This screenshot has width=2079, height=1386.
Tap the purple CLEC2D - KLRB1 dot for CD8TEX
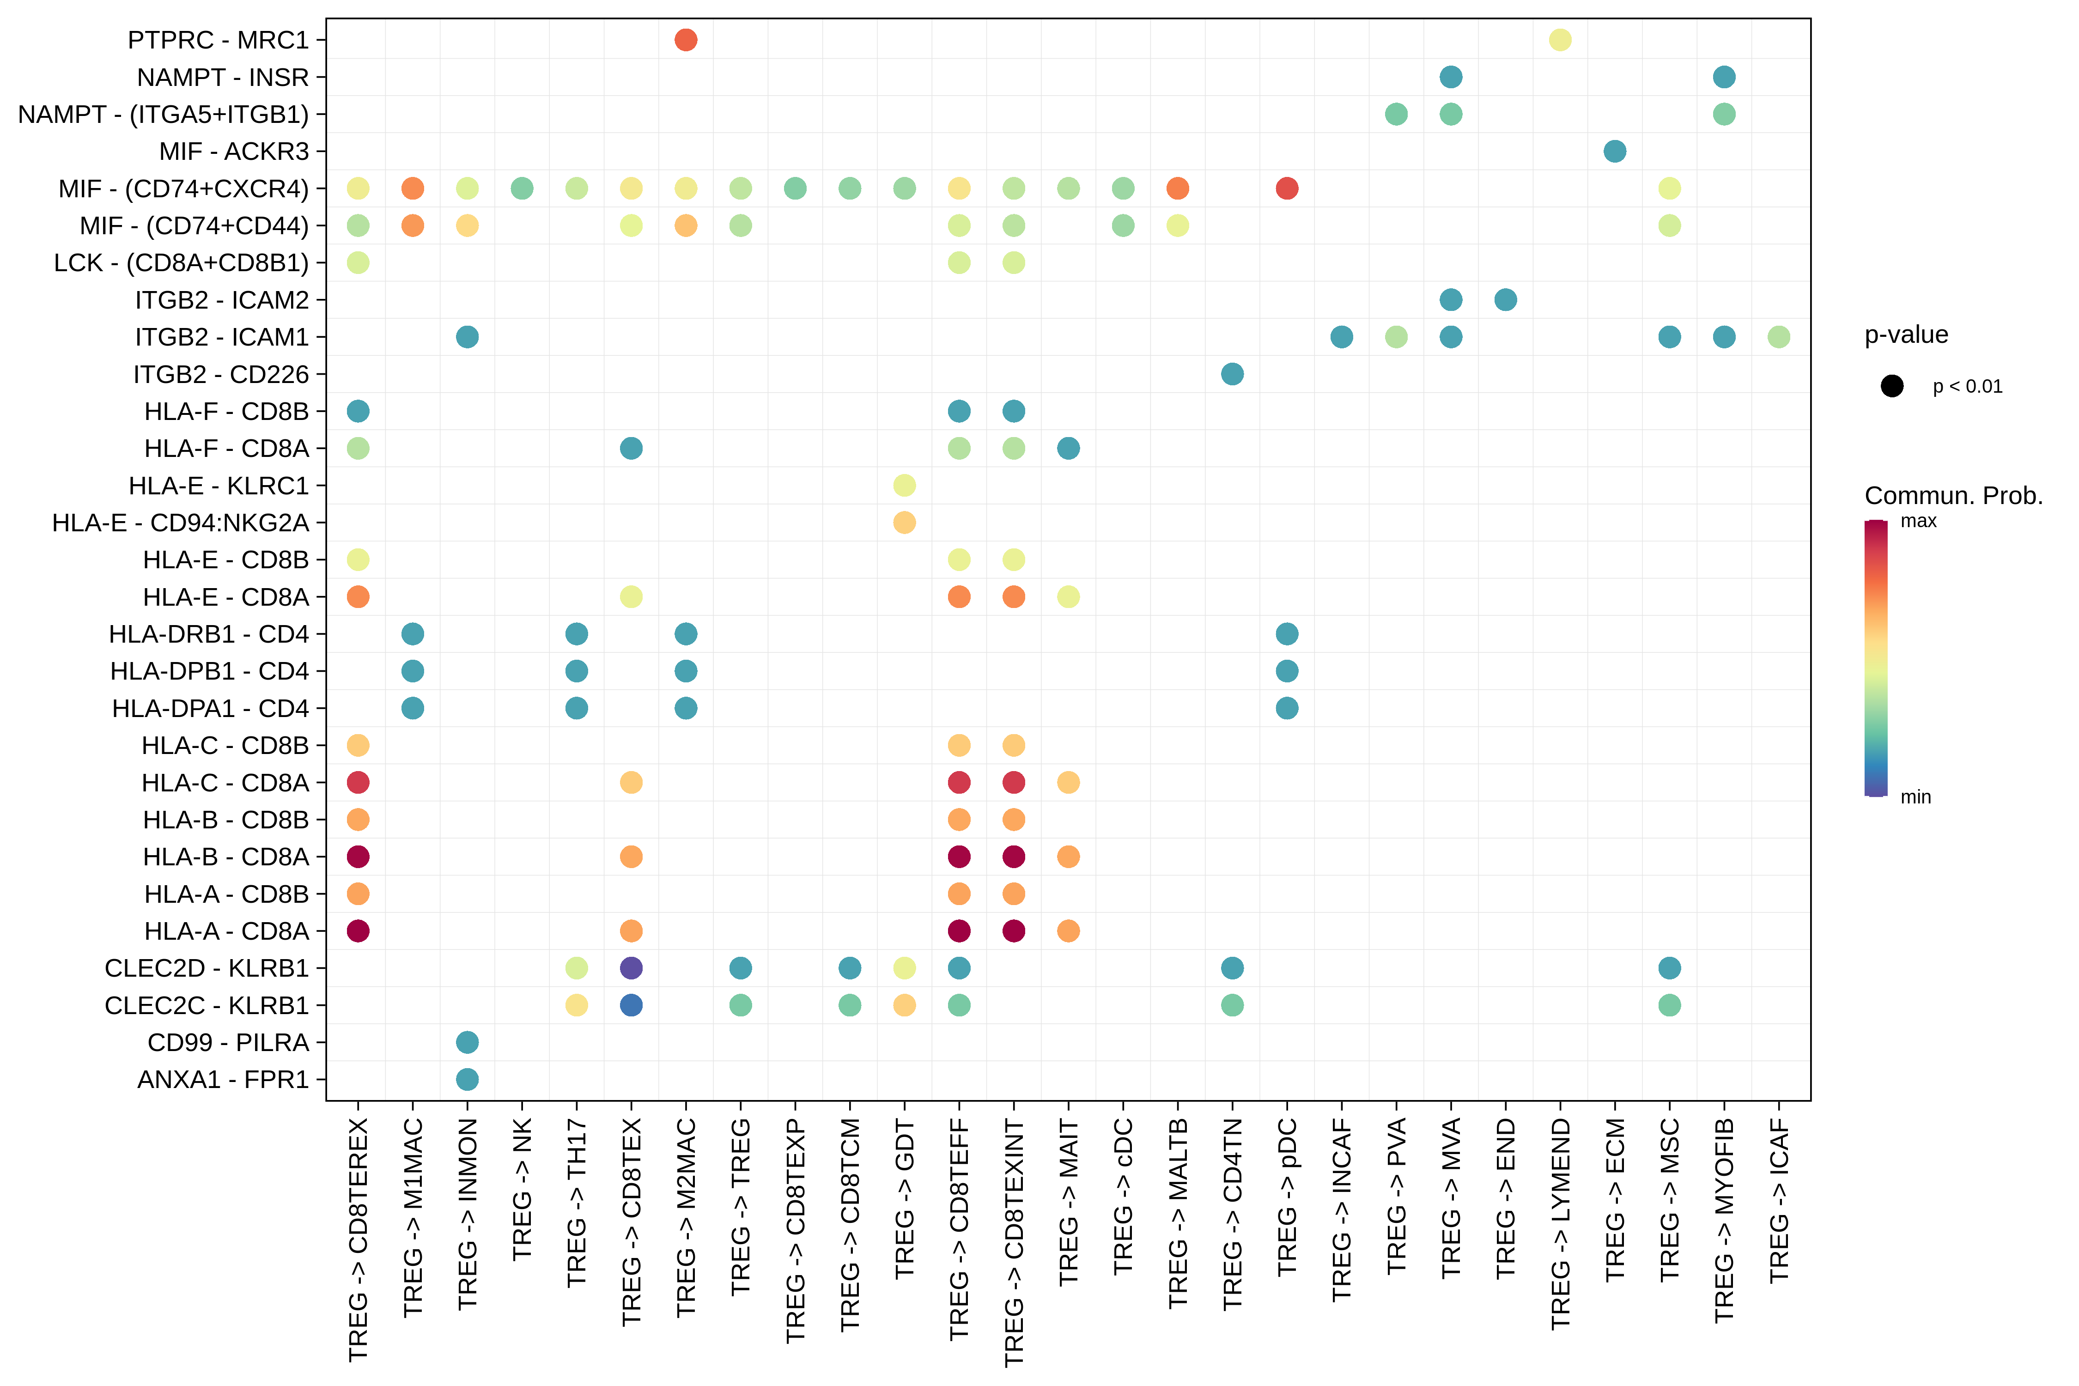631,968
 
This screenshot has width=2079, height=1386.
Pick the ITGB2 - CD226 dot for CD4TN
1232,374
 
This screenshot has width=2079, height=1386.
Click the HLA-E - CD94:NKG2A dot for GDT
904,523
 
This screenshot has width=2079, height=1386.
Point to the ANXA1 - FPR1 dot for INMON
468,1079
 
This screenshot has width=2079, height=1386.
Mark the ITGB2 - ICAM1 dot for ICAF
1778,337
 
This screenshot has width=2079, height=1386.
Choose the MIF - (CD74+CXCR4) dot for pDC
1287,188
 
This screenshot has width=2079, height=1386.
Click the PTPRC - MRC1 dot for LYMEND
1560,40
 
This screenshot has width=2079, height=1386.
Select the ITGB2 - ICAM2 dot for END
1505,300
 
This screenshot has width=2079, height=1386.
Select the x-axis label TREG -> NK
523,1189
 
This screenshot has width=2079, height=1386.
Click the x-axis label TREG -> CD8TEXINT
1014,1242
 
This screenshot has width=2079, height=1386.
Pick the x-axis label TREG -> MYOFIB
1724,1220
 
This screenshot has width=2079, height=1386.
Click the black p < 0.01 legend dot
1891,386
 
